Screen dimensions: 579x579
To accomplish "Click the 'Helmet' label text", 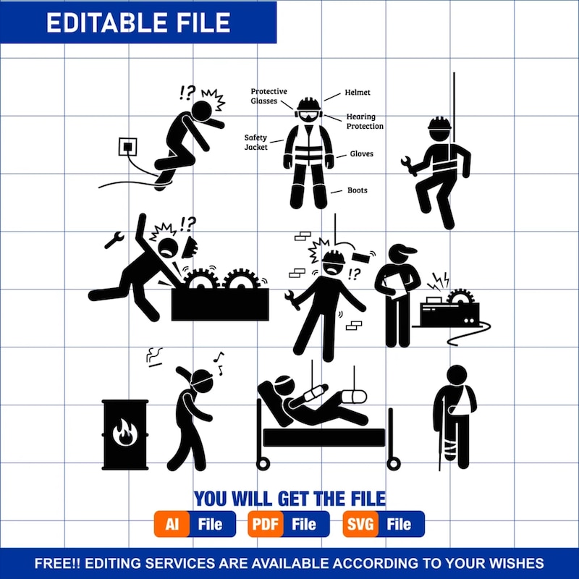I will click(x=358, y=93).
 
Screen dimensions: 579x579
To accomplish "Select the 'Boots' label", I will click(x=357, y=190).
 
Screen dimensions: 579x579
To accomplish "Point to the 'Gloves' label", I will click(x=362, y=154).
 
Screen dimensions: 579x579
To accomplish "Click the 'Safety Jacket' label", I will click(x=256, y=142).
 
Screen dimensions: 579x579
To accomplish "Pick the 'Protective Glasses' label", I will click(x=269, y=96).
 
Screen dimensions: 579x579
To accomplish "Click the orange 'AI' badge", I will click(x=172, y=523).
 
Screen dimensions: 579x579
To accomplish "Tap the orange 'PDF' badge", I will click(x=266, y=523).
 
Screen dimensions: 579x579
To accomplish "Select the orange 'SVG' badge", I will click(x=360, y=523).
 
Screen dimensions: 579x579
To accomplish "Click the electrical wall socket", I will click(x=128, y=148).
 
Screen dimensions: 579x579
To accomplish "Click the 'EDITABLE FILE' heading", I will click(x=138, y=22).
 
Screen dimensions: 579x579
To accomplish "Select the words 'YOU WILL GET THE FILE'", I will click(x=289, y=498).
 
